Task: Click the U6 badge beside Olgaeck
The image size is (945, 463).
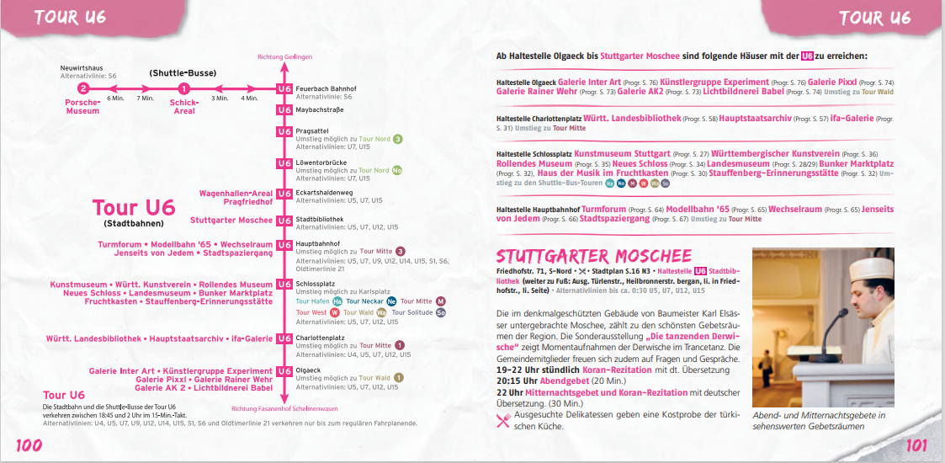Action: [x=284, y=370]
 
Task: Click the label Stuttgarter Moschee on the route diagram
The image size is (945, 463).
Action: [x=231, y=221]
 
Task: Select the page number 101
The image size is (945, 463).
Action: [x=916, y=445]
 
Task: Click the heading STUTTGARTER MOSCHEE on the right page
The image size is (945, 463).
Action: [x=594, y=256]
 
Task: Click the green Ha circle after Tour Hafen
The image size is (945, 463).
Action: [x=337, y=301]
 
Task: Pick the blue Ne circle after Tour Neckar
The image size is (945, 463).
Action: [x=391, y=301]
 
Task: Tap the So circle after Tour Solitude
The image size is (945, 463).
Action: [x=441, y=312]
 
